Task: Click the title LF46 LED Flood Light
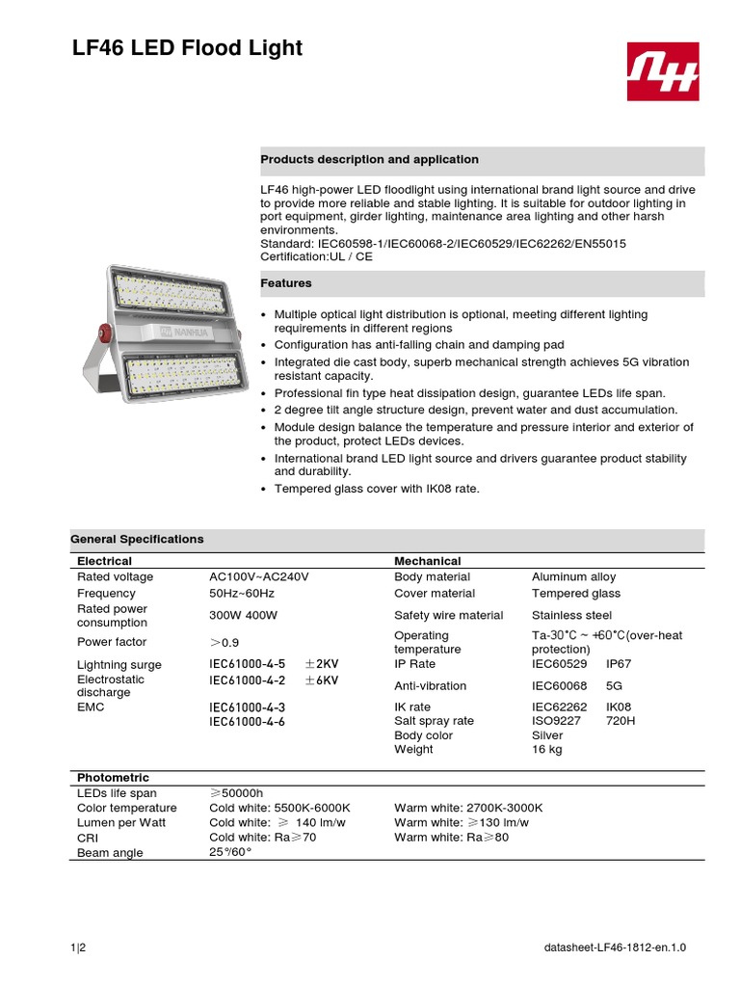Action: point(187,48)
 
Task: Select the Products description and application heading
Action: point(370,159)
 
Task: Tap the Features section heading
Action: point(286,283)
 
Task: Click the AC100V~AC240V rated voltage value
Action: point(259,576)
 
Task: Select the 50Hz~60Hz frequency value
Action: point(242,594)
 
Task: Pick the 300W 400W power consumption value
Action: point(244,615)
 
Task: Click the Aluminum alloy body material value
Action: point(574,576)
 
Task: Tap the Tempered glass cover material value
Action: point(576,594)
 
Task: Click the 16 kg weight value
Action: point(546,749)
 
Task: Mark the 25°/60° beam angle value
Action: point(230,853)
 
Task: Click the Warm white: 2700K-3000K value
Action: point(468,808)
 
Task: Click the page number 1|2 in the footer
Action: point(78,948)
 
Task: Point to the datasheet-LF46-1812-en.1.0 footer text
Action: point(615,948)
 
